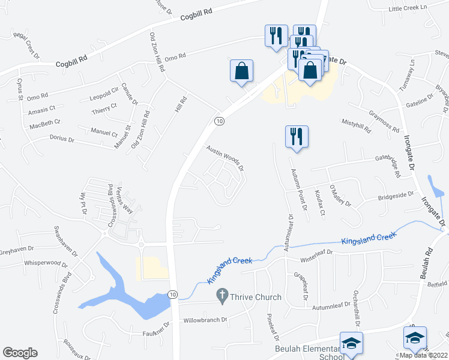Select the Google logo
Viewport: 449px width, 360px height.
pos(20,353)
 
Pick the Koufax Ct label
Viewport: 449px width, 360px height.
pos(319,203)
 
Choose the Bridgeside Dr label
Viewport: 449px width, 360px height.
pos(396,195)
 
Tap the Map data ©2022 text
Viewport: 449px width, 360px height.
pos(423,355)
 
